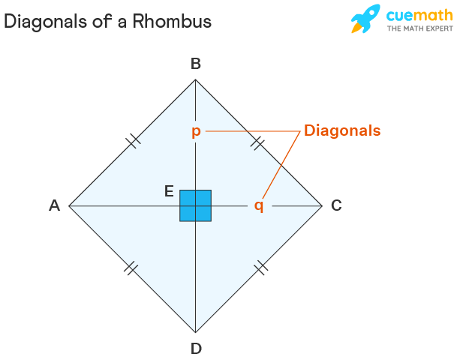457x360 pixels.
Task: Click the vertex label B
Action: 196,64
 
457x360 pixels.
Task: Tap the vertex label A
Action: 55,205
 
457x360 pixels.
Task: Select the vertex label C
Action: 336,205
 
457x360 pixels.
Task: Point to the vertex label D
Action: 196,348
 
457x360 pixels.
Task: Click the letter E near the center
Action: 169,191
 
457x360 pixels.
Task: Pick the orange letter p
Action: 196,132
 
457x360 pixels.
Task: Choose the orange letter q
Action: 259,206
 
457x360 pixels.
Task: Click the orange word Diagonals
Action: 342,130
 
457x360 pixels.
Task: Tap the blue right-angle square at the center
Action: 196,205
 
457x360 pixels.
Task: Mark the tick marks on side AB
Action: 134,141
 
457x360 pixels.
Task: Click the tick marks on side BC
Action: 257,142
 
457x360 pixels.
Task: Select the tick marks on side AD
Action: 131,268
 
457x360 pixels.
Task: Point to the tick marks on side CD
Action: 261,268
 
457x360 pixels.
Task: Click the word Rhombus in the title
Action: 172,21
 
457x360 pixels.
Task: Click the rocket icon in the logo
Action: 365,18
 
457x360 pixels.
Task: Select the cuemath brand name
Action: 419,16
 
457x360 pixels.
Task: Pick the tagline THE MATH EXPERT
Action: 420,28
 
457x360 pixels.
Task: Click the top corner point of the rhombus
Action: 196,79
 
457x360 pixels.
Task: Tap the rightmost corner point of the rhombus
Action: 323,205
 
